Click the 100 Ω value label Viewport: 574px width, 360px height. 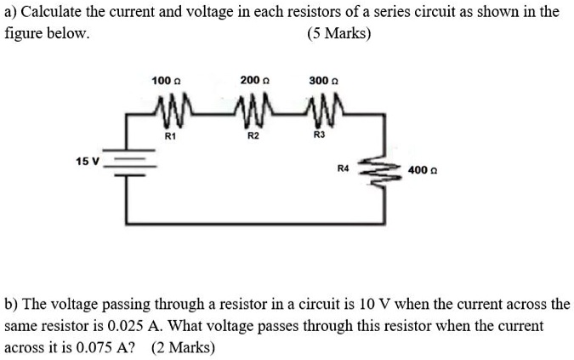[x=162, y=80]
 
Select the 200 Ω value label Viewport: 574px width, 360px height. [x=253, y=80]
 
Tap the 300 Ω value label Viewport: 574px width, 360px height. [x=320, y=80]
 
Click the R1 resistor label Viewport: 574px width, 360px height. [x=169, y=134]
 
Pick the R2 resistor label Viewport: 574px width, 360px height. [x=253, y=134]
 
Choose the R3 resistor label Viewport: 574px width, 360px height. [x=319, y=134]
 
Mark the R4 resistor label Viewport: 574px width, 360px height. [x=344, y=169]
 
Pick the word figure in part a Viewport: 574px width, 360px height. [x=25, y=35]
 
